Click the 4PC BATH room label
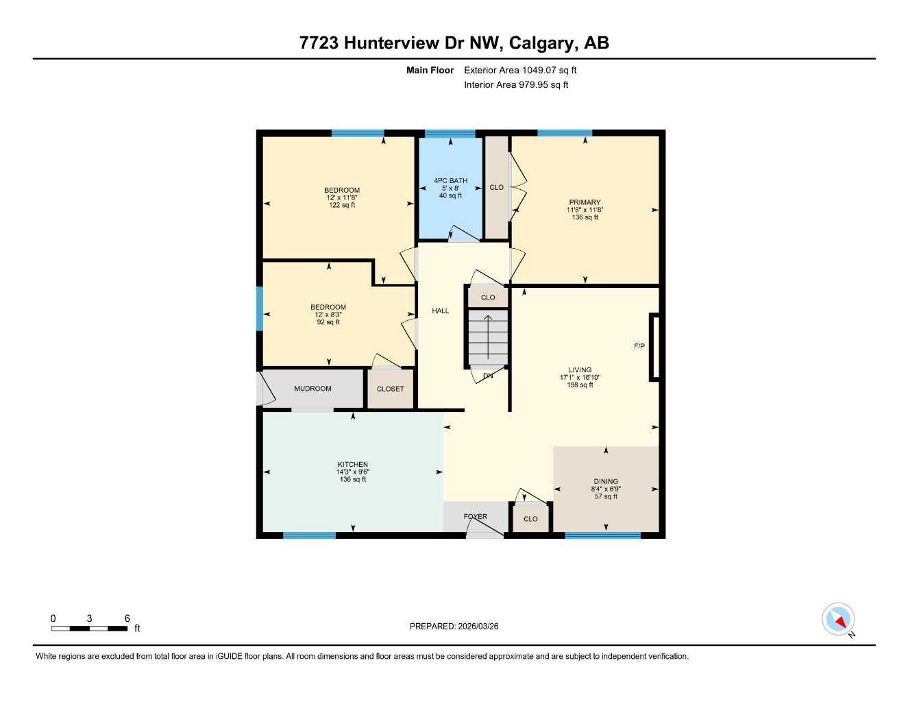(450, 180)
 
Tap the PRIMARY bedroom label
(585, 202)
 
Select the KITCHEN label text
(353, 464)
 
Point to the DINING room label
(606, 481)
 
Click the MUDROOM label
(312, 389)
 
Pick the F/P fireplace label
(639, 346)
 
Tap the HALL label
(441, 311)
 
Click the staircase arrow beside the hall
(488, 336)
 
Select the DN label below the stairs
(488, 376)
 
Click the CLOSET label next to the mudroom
(391, 389)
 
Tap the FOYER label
(476, 517)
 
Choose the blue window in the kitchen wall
(309, 535)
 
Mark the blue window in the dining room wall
(603, 535)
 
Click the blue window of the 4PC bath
(450, 133)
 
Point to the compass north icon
(838, 620)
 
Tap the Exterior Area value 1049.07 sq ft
(550, 70)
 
